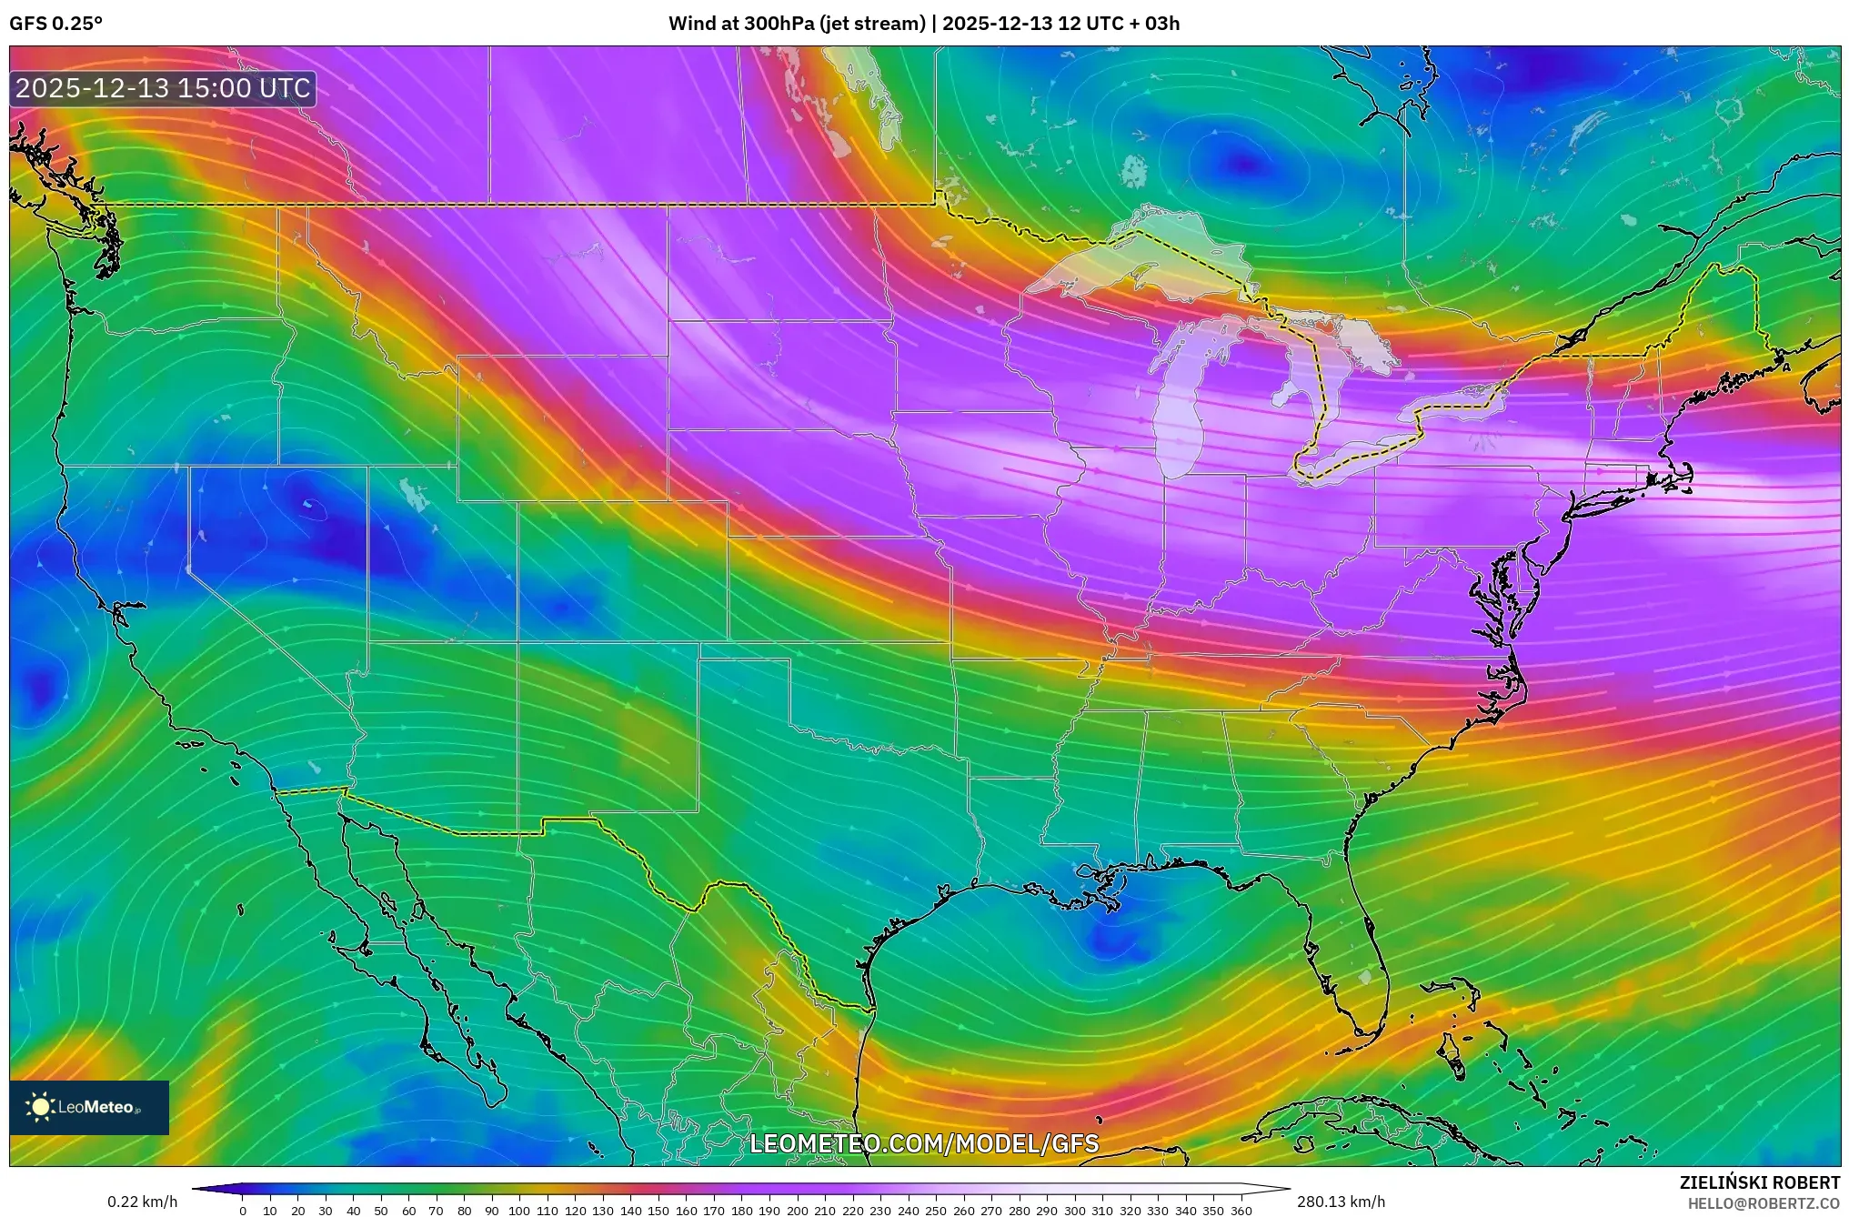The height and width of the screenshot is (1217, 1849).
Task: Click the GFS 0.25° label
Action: click(55, 24)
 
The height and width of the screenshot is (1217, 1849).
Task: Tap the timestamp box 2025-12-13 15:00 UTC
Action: click(163, 88)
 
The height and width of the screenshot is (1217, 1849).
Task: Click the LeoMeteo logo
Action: click(88, 1107)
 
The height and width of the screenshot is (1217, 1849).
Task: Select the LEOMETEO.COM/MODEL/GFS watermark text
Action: click(923, 1143)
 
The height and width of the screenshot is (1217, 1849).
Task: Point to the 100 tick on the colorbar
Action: click(518, 1211)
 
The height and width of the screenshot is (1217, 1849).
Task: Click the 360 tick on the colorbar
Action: click(1241, 1211)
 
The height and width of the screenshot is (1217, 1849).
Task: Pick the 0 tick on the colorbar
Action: click(242, 1211)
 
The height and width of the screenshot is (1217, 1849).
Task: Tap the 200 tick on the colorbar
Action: click(797, 1211)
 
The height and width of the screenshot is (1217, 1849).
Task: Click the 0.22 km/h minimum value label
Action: click(142, 1202)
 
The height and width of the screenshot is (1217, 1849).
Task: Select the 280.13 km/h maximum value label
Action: click(1341, 1202)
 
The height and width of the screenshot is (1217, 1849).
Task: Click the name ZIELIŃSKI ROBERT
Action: click(1759, 1182)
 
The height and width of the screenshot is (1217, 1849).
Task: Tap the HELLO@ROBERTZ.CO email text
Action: click(1764, 1203)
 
